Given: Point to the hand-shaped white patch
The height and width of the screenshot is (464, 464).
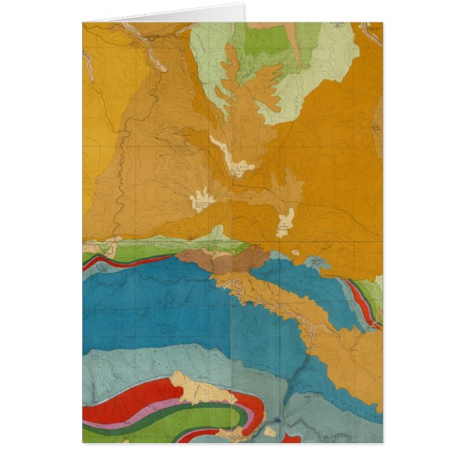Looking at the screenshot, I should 202,199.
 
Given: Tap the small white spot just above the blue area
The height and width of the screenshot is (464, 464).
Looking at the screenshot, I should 296,254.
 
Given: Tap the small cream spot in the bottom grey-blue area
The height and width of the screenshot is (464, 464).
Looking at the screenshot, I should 269,432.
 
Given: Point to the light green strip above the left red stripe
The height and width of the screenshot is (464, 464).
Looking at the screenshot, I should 144,251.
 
